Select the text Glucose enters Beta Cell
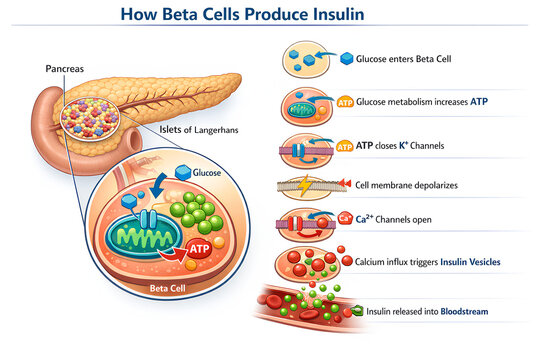pos(412,59)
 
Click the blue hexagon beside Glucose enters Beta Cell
pos(347,59)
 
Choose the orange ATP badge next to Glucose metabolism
pos(346,102)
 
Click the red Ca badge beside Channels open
pos(344,219)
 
